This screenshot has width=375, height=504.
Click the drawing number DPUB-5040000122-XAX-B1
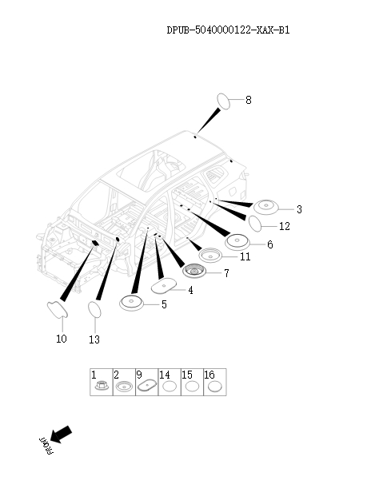[228, 30]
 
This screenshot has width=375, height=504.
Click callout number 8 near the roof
[248, 101]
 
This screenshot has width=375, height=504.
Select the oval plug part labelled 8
[228, 101]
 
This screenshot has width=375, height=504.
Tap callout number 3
[299, 209]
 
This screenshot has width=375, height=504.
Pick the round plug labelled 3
[266, 206]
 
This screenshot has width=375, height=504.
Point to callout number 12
[284, 227]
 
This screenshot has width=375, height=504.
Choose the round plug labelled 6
[239, 240]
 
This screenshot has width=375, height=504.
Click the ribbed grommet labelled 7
[194, 272]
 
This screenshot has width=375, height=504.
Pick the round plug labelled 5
[132, 303]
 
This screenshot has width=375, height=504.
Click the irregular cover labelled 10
[58, 311]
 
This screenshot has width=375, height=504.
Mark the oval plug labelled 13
[95, 309]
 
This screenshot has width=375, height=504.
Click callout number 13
[94, 339]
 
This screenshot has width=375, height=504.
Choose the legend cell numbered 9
[146, 383]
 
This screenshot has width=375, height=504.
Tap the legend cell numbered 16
[214, 383]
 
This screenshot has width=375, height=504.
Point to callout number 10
[62, 339]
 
